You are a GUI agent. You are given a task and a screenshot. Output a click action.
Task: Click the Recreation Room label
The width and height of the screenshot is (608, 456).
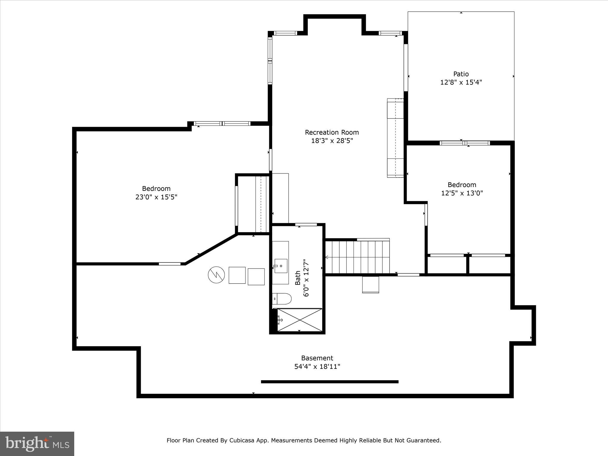[332, 132]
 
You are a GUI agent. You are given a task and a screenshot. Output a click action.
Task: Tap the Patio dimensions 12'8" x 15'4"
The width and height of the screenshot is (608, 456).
[461, 82]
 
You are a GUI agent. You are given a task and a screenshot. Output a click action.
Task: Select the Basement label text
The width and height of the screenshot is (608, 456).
[317, 358]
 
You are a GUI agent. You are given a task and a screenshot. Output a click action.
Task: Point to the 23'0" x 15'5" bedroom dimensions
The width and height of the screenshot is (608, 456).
[156, 197]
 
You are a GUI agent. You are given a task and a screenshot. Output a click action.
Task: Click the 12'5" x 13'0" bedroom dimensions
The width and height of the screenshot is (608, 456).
[462, 193]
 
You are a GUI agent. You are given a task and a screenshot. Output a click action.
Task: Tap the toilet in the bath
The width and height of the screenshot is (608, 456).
[282, 299]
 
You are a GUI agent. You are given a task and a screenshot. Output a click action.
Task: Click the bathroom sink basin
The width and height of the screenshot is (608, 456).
[281, 266]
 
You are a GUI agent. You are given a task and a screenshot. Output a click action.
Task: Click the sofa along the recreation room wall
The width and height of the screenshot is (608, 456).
[395, 138]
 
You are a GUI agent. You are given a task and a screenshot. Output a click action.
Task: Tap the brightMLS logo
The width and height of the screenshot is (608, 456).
[37, 444]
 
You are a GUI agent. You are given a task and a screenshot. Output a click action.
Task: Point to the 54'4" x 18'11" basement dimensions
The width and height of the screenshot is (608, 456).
[317, 367]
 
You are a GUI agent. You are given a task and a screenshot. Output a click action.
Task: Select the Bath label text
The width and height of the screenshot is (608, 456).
[298, 278]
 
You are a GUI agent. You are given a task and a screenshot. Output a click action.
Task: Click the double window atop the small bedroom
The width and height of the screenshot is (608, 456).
[465, 143]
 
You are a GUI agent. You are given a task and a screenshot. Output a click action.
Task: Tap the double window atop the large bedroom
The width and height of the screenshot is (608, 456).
[222, 123]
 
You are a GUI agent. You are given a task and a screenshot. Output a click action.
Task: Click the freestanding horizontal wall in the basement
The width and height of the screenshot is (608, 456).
[330, 382]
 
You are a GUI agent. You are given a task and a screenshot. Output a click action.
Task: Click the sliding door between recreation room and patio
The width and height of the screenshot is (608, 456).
[406, 68]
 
